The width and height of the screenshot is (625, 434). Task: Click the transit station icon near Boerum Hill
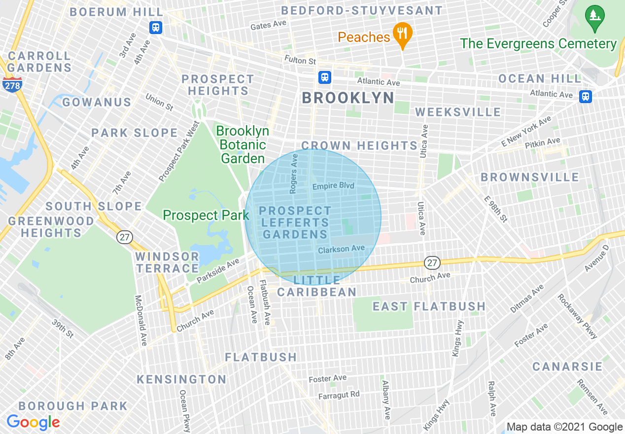click(156, 27)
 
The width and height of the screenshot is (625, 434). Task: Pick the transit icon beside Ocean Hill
click(585, 96)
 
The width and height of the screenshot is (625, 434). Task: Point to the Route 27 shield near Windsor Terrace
click(124, 237)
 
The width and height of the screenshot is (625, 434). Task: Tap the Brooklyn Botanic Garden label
click(243, 145)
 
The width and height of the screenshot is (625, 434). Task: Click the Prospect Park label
click(206, 216)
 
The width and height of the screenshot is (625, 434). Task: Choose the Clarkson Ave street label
click(341, 250)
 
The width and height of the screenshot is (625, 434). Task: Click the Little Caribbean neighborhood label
click(316, 286)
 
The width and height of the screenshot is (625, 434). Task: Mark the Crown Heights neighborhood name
click(359, 145)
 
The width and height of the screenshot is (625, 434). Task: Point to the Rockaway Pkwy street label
click(577, 316)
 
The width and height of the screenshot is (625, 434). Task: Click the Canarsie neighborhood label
click(567, 366)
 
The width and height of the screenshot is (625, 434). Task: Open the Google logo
click(33, 423)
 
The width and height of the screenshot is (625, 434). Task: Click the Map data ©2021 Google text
click(564, 427)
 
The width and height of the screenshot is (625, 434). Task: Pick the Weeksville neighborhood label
click(458, 112)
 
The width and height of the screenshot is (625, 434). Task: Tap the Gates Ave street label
click(268, 25)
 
